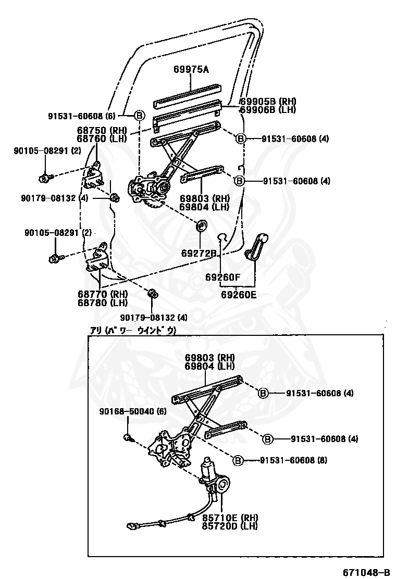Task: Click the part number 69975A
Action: (191, 69)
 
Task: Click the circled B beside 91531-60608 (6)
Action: (139, 116)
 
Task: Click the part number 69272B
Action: (199, 253)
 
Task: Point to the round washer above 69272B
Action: (201, 226)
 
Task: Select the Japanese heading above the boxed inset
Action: (134, 331)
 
